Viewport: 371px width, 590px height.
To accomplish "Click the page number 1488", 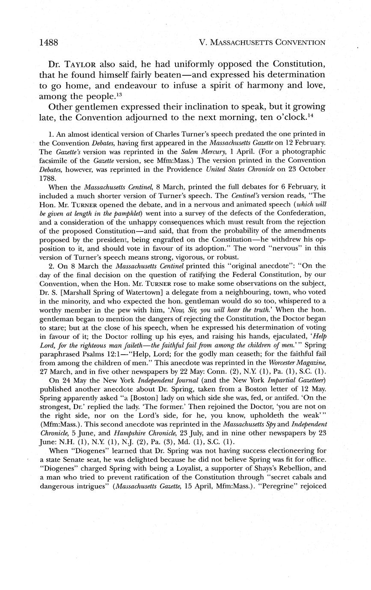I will click(48, 42).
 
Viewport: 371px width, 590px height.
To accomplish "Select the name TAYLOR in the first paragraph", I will click(80, 65).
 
